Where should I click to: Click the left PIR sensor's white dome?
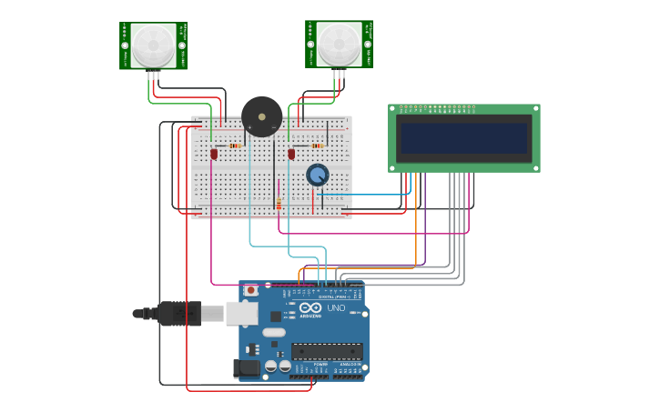click(x=153, y=45)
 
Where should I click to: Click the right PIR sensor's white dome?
click(x=339, y=44)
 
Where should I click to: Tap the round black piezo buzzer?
click(x=261, y=117)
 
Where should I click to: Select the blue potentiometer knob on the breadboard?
click(x=317, y=175)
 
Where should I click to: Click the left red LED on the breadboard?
click(x=214, y=154)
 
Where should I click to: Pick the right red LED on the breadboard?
click(x=291, y=154)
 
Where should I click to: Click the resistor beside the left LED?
click(x=236, y=146)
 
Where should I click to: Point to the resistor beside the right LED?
click(x=317, y=146)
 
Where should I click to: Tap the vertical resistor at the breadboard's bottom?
click(x=279, y=204)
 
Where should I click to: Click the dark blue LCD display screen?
click(x=464, y=138)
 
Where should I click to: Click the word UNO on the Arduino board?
click(x=336, y=307)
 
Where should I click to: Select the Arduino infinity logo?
click(x=310, y=307)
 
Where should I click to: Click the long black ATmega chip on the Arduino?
click(x=327, y=351)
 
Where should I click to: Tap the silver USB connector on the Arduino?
click(x=242, y=314)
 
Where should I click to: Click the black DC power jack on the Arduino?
click(x=246, y=367)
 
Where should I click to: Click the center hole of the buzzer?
click(x=260, y=116)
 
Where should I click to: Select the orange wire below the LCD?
click(x=416, y=218)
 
